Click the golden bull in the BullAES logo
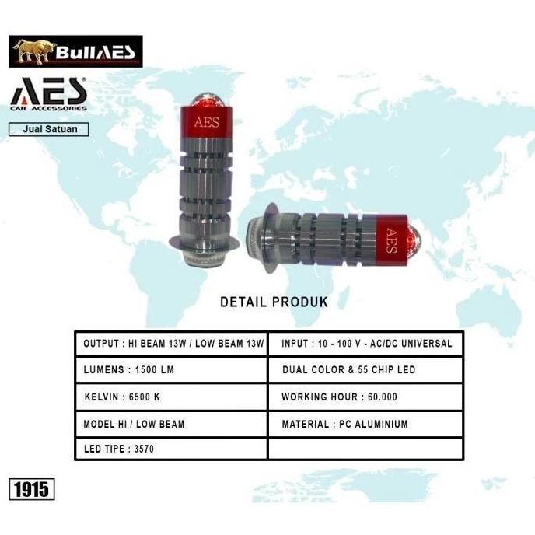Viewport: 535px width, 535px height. click(33, 51)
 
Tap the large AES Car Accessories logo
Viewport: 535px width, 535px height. click(48, 94)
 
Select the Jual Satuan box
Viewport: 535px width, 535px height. click(49, 129)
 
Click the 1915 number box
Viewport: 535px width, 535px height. click(32, 489)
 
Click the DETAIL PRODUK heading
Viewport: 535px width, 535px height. click(274, 302)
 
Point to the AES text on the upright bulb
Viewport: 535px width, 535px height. click(207, 122)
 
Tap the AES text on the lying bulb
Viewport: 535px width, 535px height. click(392, 240)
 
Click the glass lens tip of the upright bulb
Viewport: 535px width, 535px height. click(206, 100)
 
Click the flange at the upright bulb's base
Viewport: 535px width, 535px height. click(204, 243)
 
